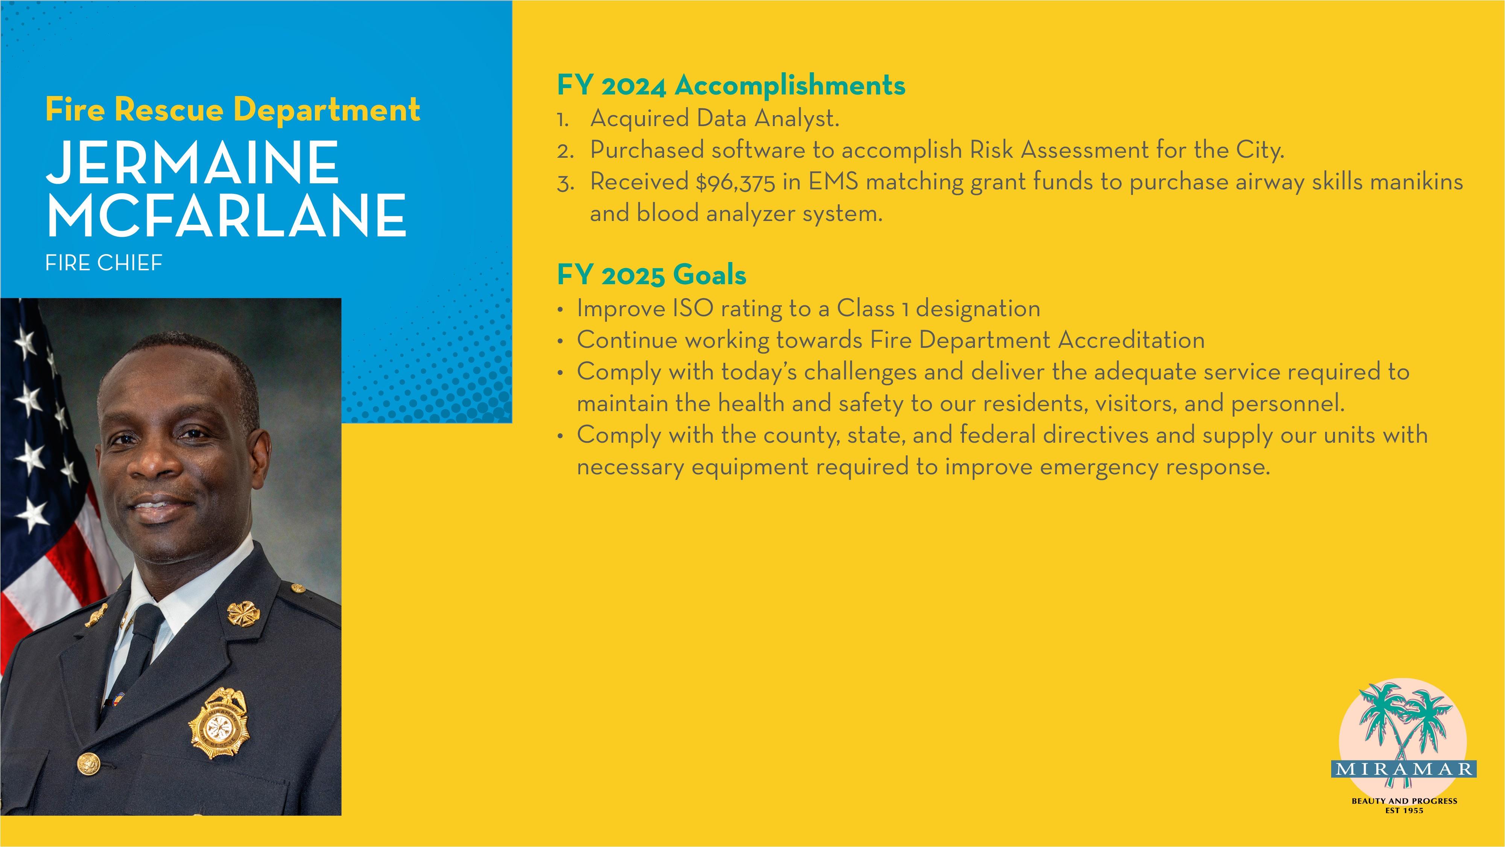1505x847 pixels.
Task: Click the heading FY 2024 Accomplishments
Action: tap(731, 86)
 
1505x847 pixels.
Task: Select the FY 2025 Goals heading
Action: tap(651, 275)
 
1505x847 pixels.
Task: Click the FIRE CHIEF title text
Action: tap(104, 263)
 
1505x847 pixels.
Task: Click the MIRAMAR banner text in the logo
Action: tap(1404, 769)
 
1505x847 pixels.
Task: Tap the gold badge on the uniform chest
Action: tap(219, 724)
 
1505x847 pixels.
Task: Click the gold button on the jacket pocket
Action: tap(89, 762)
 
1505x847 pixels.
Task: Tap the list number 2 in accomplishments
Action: tap(565, 151)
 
